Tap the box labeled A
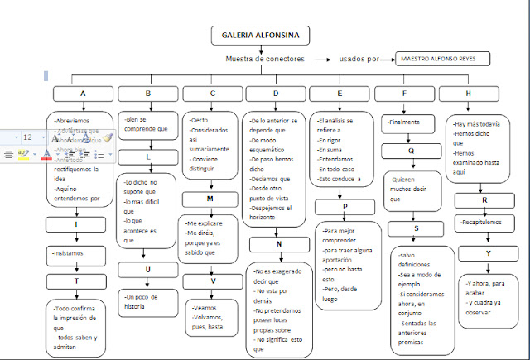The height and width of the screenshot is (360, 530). pos(84,94)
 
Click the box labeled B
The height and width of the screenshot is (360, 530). pos(148,94)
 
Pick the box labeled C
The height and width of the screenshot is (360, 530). pos(212,94)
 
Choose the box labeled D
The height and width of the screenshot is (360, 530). pos(276,94)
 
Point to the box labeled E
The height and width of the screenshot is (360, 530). pos(340,94)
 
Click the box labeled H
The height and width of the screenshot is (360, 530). pos(470,94)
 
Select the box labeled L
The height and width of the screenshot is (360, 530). pos(148,157)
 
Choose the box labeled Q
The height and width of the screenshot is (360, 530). pos(411,151)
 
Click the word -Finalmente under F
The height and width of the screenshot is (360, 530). pos(404,122)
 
